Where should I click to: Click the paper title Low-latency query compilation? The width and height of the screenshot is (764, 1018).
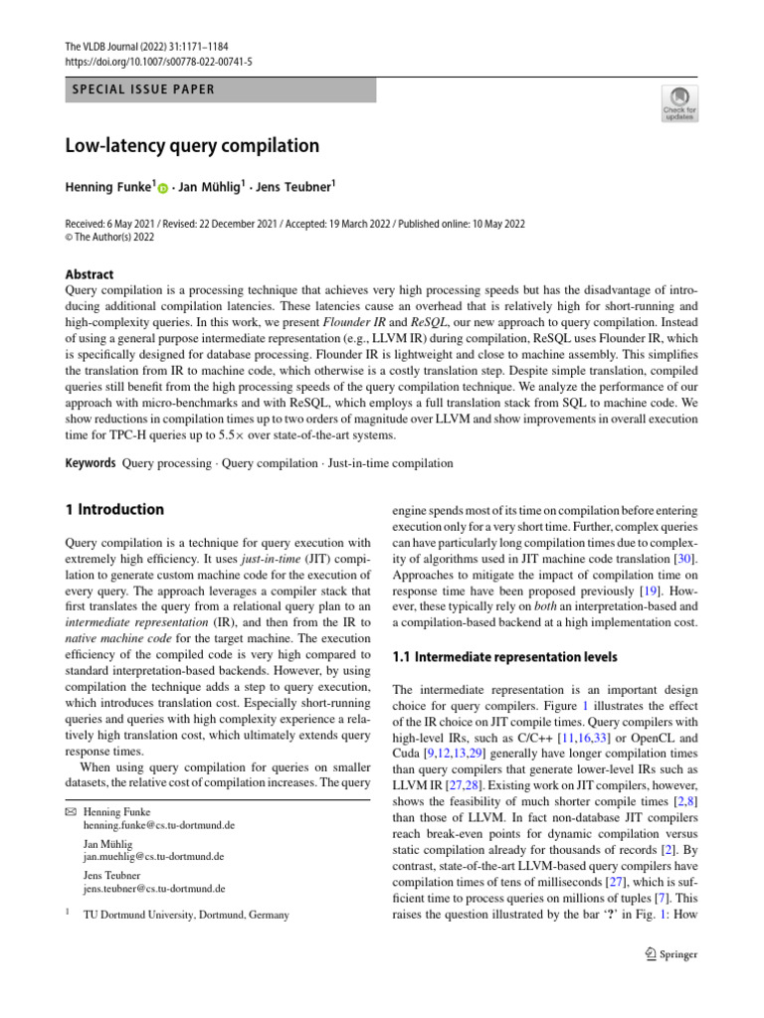click(x=192, y=146)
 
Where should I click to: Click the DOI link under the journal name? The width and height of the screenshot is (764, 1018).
click(x=158, y=61)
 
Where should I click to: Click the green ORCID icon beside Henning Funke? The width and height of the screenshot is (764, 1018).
click(x=162, y=187)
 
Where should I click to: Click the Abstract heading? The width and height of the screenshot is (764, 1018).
click(x=89, y=274)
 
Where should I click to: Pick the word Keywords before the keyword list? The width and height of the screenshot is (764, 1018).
click(x=91, y=463)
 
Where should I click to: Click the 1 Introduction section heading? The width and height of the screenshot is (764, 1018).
click(x=114, y=510)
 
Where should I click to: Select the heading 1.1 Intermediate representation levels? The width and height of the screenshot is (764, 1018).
click(x=505, y=657)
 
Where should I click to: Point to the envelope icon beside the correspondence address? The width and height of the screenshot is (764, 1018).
click(x=70, y=812)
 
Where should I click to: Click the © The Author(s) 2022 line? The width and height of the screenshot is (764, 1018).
click(x=112, y=238)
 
